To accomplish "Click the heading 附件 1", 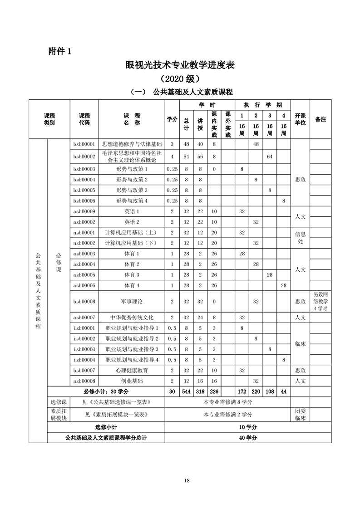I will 60,51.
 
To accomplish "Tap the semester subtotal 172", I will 242,392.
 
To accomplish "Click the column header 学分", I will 172,119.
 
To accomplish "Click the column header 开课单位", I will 300,119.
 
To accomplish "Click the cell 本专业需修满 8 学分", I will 228,402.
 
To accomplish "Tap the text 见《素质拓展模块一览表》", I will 117,414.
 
